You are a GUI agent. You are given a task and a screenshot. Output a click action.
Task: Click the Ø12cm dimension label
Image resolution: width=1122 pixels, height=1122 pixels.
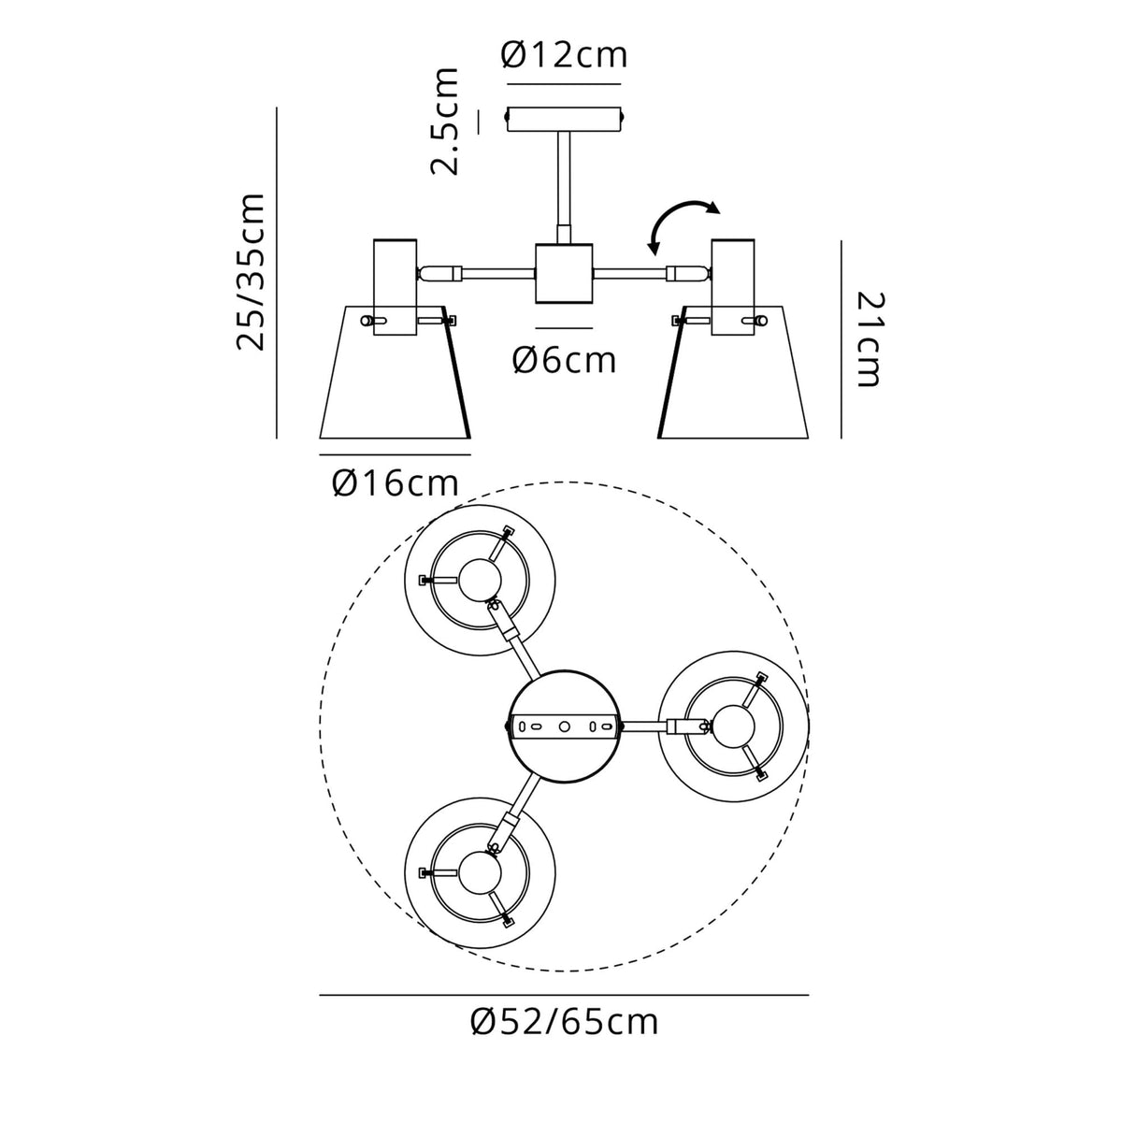[564, 56]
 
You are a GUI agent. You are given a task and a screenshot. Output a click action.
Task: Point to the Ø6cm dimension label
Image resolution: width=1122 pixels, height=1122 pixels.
[564, 359]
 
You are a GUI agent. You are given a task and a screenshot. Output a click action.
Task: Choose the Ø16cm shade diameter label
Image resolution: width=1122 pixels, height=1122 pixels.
[395, 483]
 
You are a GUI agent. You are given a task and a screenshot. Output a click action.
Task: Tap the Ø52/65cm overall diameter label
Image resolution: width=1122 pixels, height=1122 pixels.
[564, 1022]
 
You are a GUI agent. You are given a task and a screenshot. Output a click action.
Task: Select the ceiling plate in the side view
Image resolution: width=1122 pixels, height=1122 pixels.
[564, 120]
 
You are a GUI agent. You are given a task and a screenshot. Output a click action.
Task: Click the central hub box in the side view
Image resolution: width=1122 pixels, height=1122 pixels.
[564, 273]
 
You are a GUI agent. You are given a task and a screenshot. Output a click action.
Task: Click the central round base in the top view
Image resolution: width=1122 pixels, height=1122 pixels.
[564, 726]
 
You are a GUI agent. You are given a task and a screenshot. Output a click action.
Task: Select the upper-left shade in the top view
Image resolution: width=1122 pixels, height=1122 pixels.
[480, 581]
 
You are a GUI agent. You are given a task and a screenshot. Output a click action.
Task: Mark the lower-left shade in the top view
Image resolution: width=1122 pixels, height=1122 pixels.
[480, 870]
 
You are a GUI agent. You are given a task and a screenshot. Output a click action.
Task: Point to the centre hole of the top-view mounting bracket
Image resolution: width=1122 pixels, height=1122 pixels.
[564, 726]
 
